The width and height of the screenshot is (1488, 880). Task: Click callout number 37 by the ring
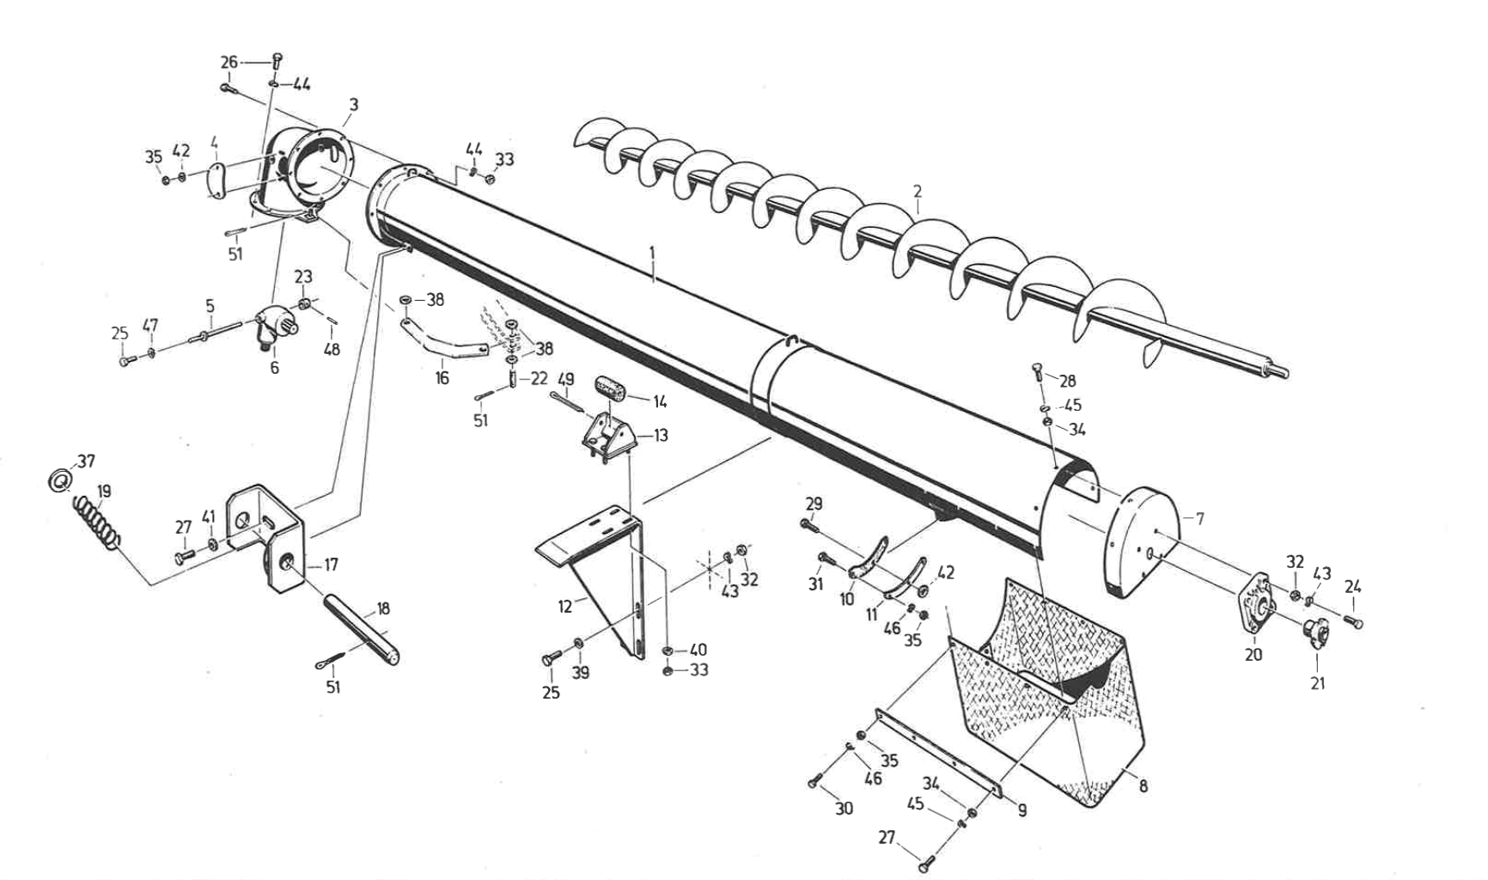(87, 462)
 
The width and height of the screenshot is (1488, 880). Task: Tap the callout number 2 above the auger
(918, 191)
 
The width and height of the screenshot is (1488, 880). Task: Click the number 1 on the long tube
(653, 253)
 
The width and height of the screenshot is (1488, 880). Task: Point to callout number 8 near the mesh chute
(1143, 785)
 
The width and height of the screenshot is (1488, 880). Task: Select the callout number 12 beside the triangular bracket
(564, 607)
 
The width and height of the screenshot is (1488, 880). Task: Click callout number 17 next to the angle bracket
(331, 565)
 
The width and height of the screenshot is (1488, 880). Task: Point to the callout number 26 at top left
(229, 62)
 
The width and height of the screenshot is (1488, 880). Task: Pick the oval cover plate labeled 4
(215, 180)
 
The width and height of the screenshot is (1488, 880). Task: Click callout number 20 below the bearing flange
(1253, 654)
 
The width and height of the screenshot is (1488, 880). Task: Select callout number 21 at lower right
(1318, 683)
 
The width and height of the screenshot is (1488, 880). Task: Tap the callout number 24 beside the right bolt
(1353, 588)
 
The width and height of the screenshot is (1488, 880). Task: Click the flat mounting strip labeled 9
(936, 753)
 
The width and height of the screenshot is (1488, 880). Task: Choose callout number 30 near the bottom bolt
(845, 809)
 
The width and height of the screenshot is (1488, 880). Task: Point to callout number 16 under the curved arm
(442, 378)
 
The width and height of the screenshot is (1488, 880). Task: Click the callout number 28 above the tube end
(1067, 381)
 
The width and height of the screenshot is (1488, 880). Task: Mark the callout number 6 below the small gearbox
(275, 368)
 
